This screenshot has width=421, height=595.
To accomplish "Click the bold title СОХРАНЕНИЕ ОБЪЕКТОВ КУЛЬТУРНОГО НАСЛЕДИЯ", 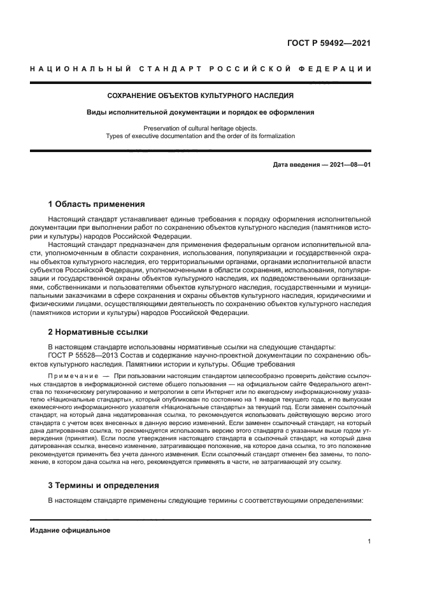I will click(x=200, y=96).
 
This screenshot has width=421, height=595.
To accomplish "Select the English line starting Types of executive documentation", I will click(x=200, y=136).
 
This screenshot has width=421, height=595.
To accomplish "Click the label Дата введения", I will click(x=297, y=165).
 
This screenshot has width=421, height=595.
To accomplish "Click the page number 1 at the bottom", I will click(x=369, y=542).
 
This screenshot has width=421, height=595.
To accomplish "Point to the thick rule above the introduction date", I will click(x=200, y=151).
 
